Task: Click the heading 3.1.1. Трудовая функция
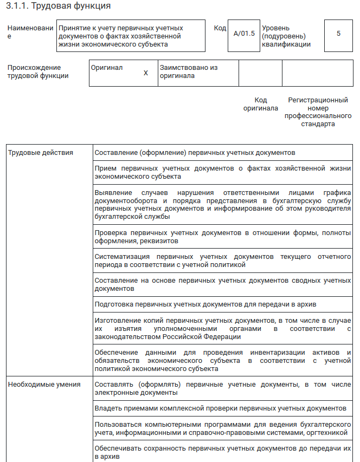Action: [x=59, y=6]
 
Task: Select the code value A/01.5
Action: [x=243, y=34]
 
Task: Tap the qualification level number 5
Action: [x=338, y=34]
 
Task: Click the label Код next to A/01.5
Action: [x=220, y=28]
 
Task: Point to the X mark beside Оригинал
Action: [x=145, y=73]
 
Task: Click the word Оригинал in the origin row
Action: [x=107, y=68]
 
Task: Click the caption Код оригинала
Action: [x=260, y=104]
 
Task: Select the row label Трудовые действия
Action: [x=40, y=153]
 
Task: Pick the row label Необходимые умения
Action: [x=44, y=385]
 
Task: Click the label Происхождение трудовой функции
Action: [x=38, y=71]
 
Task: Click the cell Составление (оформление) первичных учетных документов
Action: [x=195, y=153]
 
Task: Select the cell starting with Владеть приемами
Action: [x=220, y=407]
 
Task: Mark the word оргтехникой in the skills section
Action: [x=331, y=433]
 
